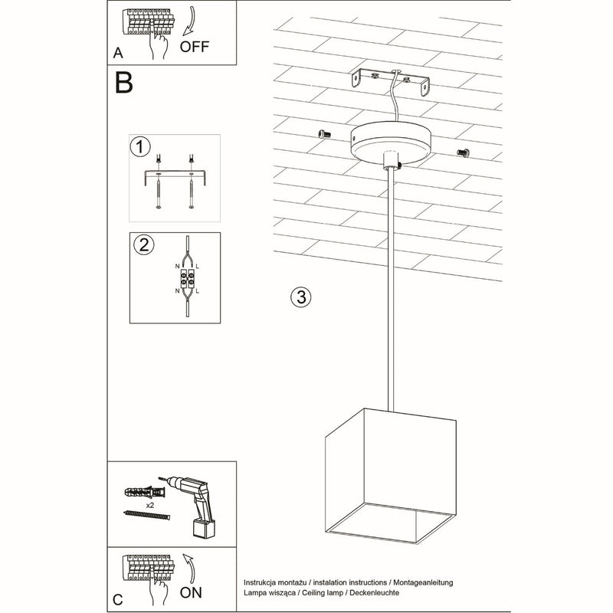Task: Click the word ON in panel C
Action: pyautogui.click(x=192, y=592)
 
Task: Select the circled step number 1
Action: pyautogui.click(x=139, y=146)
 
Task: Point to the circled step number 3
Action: pyautogui.click(x=302, y=297)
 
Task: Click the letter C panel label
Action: pyautogui.click(x=117, y=598)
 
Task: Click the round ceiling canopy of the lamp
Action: pyautogui.click(x=390, y=142)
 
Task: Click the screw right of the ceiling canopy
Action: pyautogui.click(x=463, y=152)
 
